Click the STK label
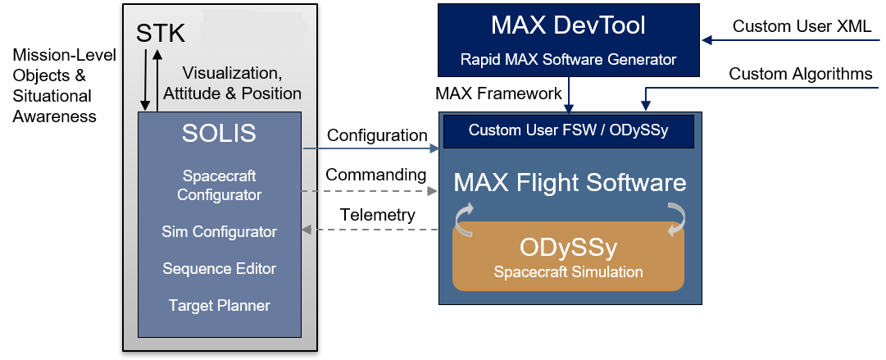coord(160,34)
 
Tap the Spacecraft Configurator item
coord(219,185)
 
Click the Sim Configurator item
coord(219,232)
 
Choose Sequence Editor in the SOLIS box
coord(219,269)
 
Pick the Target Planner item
coord(219,306)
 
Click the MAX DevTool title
coord(568,25)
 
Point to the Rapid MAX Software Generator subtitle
coord(568,59)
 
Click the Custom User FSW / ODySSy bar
coord(568,130)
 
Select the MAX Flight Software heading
coord(570,182)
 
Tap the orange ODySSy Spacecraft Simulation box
coord(568,256)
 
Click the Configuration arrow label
coord(377,135)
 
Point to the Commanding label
coord(375,175)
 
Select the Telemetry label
coord(377,215)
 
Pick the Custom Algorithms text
coord(801,75)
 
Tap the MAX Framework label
coord(498,93)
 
